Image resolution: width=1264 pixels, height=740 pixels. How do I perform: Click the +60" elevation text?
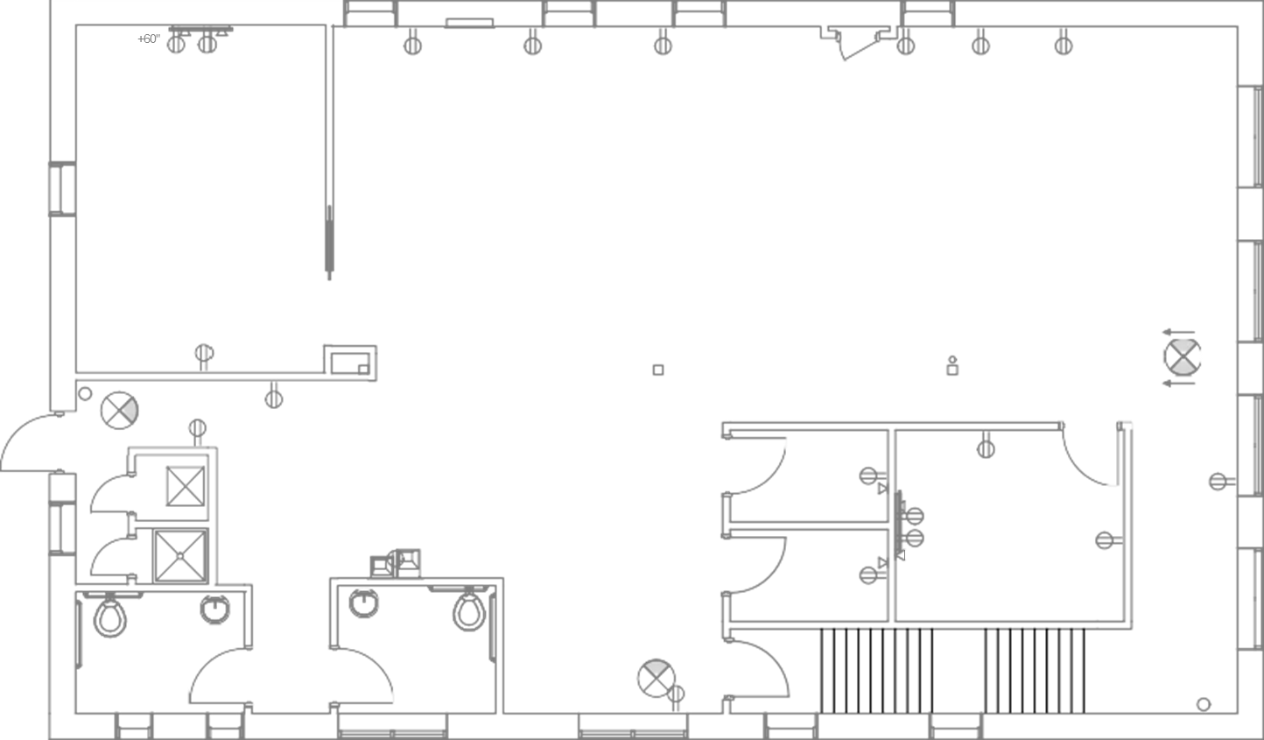(x=149, y=39)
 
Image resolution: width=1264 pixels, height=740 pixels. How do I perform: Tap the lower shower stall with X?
(x=179, y=554)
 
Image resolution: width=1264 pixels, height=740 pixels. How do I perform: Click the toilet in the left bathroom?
(x=109, y=617)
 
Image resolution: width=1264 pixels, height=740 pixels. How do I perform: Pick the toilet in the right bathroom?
(x=469, y=611)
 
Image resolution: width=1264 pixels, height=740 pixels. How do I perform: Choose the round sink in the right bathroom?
(x=362, y=602)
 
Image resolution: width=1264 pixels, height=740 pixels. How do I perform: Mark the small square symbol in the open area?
(x=657, y=370)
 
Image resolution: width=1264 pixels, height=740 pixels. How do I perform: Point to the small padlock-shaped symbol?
(x=952, y=367)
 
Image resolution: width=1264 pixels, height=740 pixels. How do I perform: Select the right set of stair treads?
(x=1034, y=670)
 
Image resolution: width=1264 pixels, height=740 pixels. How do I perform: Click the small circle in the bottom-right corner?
(x=1204, y=703)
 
